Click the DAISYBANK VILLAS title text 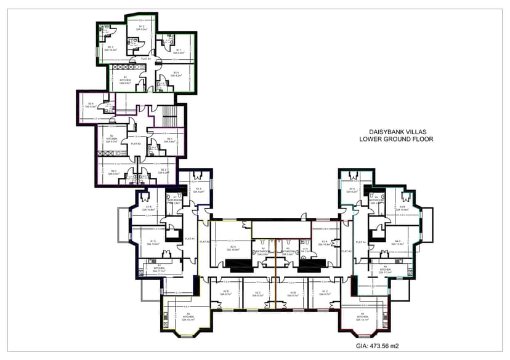click(396, 132)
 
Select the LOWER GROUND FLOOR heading click(396, 140)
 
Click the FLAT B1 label click(146, 58)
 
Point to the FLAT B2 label click(136, 143)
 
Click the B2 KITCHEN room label click(111, 138)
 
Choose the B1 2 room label click(141, 28)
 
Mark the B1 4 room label click(176, 74)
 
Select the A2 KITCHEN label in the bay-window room click(187, 318)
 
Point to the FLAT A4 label click(363, 242)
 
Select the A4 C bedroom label click(398, 242)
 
